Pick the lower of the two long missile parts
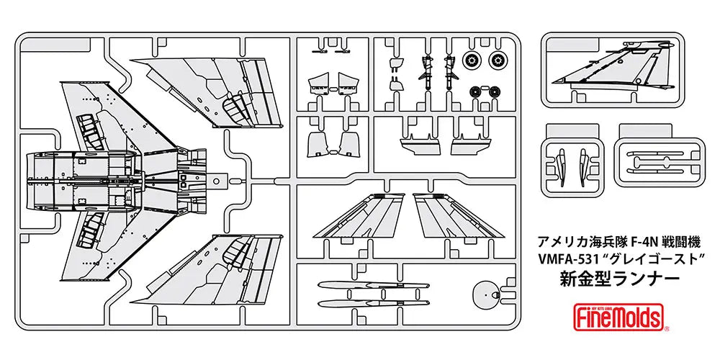[360, 303]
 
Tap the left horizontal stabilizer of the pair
[361, 217]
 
